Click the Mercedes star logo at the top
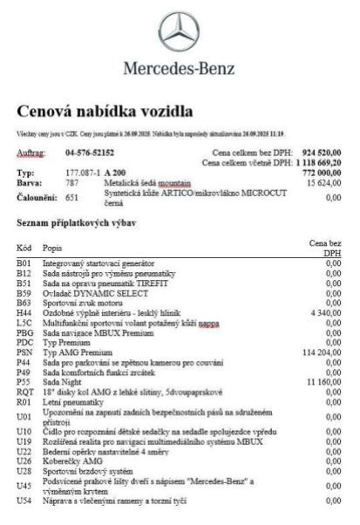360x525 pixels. [x=179, y=32]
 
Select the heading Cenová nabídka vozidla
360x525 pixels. [x=105, y=110]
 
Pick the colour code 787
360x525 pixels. [x=72, y=182]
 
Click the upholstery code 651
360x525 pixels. [x=72, y=197]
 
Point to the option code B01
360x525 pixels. [x=24, y=263]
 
